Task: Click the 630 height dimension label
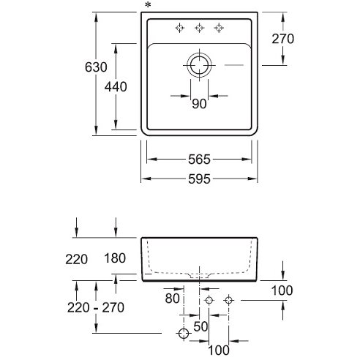tap(96, 67)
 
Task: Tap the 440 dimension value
tap(116, 86)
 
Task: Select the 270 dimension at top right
tap(283, 39)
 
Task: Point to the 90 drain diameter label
tap(199, 104)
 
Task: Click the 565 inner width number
tap(199, 160)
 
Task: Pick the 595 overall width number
tap(199, 179)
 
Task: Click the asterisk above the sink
tap(148, 5)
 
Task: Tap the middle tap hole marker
tap(200, 28)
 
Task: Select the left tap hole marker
tap(180, 28)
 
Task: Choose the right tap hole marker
tap(219, 28)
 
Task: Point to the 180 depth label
tap(115, 258)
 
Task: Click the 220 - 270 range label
tap(96, 307)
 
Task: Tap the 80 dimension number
tap(172, 298)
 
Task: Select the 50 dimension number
tap(200, 326)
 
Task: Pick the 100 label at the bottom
tap(219, 350)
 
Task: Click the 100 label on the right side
tap(282, 290)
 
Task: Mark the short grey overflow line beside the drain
tap(234, 65)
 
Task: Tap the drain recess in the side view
tap(200, 275)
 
